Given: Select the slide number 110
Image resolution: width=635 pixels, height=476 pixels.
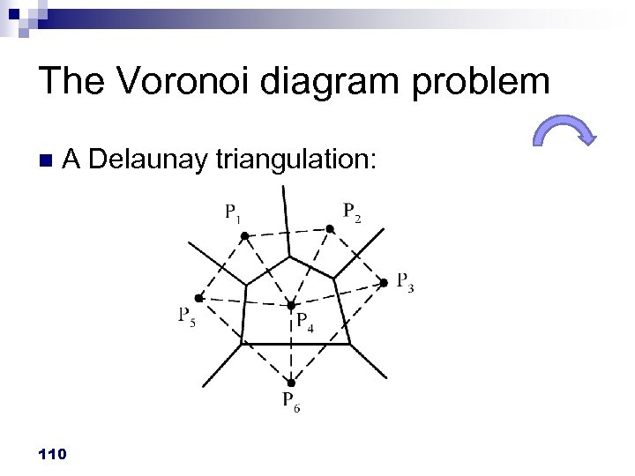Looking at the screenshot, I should point(53,453).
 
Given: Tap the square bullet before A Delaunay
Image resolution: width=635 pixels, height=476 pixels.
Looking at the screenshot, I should point(46,160).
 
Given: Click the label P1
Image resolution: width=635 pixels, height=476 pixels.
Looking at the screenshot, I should point(234,212).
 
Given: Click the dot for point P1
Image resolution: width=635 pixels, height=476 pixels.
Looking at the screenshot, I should point(246,235).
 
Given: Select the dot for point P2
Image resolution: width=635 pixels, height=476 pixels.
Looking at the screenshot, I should point(329,229).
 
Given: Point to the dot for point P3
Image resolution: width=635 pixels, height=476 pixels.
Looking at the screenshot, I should point(384,282).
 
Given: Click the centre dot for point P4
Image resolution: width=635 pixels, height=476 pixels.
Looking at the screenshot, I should point(290,306).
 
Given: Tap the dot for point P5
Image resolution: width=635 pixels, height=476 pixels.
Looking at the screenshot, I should point(198,297).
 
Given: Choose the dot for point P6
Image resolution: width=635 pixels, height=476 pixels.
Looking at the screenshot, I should point(291,383).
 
